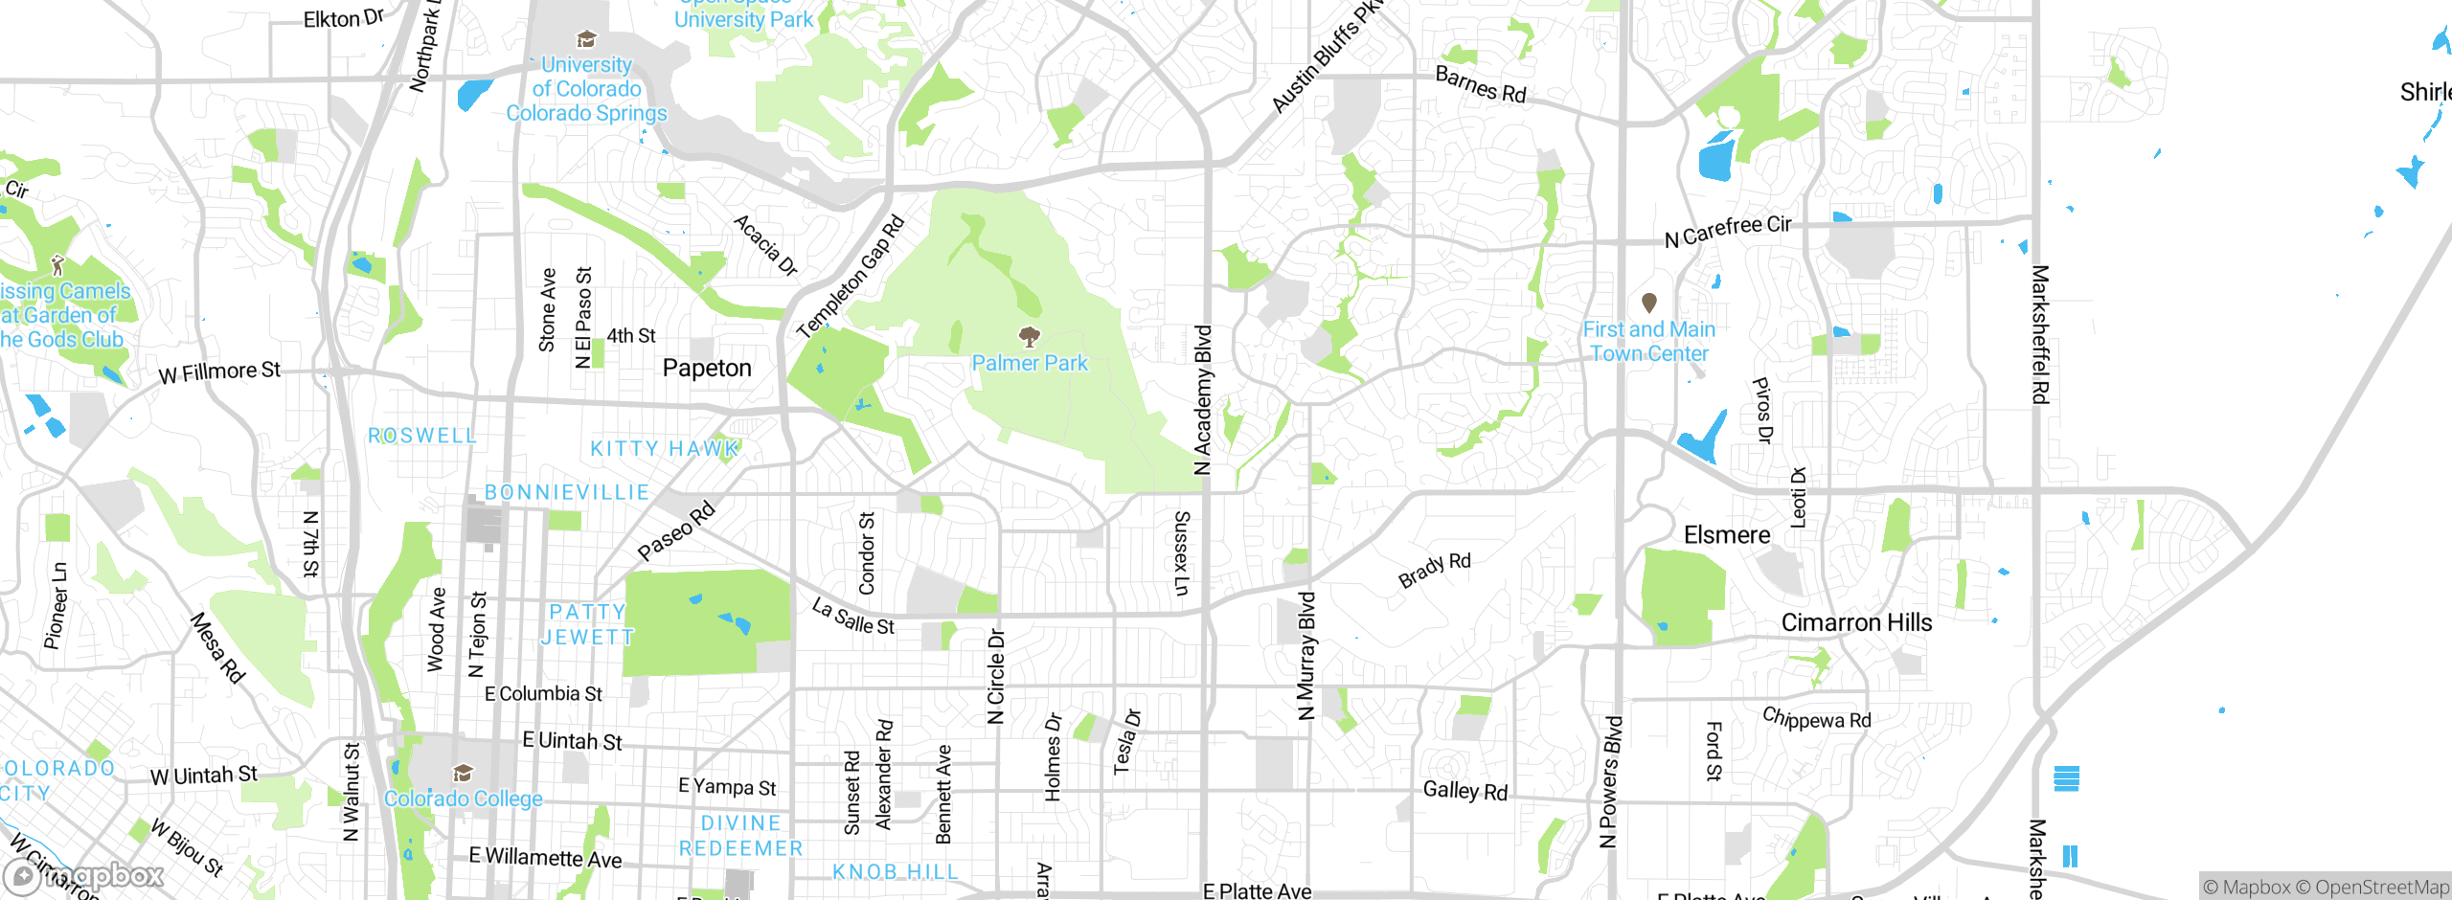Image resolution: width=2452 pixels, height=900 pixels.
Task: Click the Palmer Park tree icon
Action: pyautogui.click(x=1030, y=336)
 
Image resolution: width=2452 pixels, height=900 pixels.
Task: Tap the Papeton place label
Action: pyautogui.click(x=707, y=369)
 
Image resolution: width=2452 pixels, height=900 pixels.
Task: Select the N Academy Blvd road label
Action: pyautogui.click(x=1203, y=400)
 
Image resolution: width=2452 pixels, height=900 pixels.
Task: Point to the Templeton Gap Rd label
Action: pyautogui.click(x=851, y=277)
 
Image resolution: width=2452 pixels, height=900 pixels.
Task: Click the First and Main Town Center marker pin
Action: pyautogui.click(x=1649, y=304)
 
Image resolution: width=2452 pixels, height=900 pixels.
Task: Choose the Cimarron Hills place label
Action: pyautogui.click(x=1856, y=623)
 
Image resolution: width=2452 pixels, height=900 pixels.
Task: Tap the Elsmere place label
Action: pyautogui.click(x=1727, y=535)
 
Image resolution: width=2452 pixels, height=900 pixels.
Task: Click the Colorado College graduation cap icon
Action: pyautogui.click(x=464, y=773)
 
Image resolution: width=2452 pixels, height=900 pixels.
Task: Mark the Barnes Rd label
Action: pyautogui.click(x=1480, y=85)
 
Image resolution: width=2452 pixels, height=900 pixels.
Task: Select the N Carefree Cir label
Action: pyautogui.click(x=1727, y=231)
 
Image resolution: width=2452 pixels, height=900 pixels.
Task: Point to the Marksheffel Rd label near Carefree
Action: pyautogui.click(x=2040, y=334)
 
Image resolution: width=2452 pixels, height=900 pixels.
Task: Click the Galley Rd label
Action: pyautogui.click(x=1464, y=791)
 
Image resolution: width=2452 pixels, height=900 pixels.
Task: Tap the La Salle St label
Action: pyautogui.click(x=852, y=617)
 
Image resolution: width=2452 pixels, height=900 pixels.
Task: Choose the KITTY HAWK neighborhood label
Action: pyautogui.click(x=664, y=449)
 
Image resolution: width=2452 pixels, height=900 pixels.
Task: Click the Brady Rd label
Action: pyautogui.click(x=1434, y=570)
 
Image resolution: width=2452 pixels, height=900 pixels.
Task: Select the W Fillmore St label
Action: pyautogui.click(x=219, y=371)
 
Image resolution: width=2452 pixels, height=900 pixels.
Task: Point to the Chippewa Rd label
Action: pyautogui.click(x=1816, y=719)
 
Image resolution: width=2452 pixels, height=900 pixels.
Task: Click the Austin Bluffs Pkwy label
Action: pyautogui.click(x=1326, y=57)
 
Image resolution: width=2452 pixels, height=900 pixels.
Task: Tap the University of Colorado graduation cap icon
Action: pyautogui.click(x=586, y=39)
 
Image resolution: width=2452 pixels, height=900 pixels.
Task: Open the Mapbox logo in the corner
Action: pyautogui.click(x=83, y=876)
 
